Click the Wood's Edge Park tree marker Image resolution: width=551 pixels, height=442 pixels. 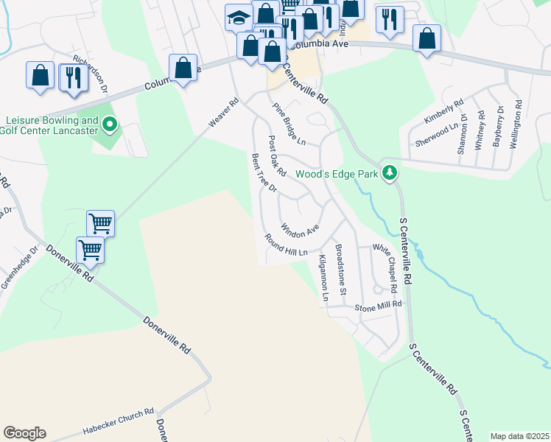click(390, 174)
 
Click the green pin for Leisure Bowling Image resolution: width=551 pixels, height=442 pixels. click(110, 125)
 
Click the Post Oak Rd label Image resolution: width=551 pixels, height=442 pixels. click(276, 155)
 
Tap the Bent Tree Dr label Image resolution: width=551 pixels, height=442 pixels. click(263, 173)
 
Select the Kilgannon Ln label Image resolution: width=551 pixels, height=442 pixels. click(323, 278)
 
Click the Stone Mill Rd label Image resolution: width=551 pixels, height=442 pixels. click(378, 305)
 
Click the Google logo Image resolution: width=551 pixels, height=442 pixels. click(24, 433)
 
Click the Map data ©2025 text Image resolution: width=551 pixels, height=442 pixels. click(519, 436)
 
